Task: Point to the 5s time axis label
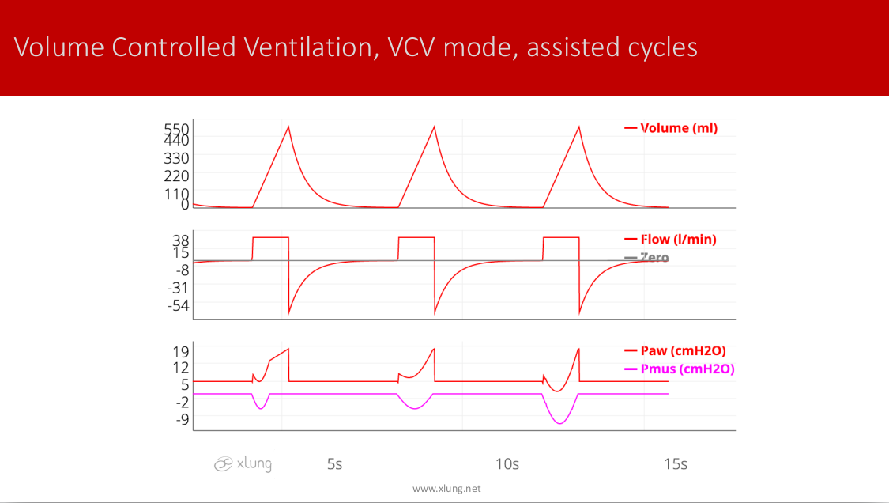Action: tap(334, 463)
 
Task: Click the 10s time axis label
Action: tap(507, 463)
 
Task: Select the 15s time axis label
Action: tap(676, 463)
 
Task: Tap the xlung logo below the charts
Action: tap(243, 464)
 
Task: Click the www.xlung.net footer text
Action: tap(446, 489)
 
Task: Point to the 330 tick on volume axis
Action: tap(176, 158)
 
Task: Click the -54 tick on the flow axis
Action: tap(178, 305)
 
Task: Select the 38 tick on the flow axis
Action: tap(181, 240)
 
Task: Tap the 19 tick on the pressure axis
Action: tap(181, 352)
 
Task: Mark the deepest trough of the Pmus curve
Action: tap(560, 424)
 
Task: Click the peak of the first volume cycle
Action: tap(288, 127)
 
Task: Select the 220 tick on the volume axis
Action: tap(176, 176)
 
